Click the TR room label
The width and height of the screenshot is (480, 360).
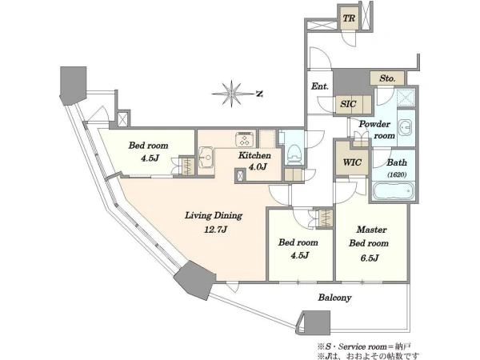pyautogui.click(x=349, y=18)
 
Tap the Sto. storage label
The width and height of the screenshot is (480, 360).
pyautogui.click(x=387, y=78)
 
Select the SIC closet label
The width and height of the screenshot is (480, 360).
pyautogui.click(x=348, y=104)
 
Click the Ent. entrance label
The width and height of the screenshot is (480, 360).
pyautogui.click(x=319, y=86)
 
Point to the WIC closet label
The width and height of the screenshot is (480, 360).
pyautogui.click(x=352, y=162)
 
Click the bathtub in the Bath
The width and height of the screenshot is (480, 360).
pyautogui.click(x=393, y=190)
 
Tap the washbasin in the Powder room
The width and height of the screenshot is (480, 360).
pyautogui.click(x=406, y=126)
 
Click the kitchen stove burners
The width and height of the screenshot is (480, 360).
pyautogui.click(x=244, y=139)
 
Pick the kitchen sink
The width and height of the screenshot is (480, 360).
pyautogui.click(x=206, y=158)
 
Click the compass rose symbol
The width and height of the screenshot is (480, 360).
pyautogui.click(x=232, y=94)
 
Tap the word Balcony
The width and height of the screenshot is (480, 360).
pyautogui.click(x=334, y=298)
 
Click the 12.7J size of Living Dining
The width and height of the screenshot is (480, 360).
pyautogui.click(x=215, y=230)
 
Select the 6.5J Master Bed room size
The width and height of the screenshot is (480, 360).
pyautogui.click(x=369, y=258)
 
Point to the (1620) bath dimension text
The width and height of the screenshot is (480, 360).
pyautogui.click(x=397, y=174)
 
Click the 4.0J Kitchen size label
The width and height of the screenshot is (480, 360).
pyautogui.click(x=257, y=167)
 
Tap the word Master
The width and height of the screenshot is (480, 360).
pyautogui.click(x=372, y=230)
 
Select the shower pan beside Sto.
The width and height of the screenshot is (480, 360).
pyautogui.click(x=406, y=98)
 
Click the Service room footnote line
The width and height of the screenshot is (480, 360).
pyautogui.click(x=364, y=346)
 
